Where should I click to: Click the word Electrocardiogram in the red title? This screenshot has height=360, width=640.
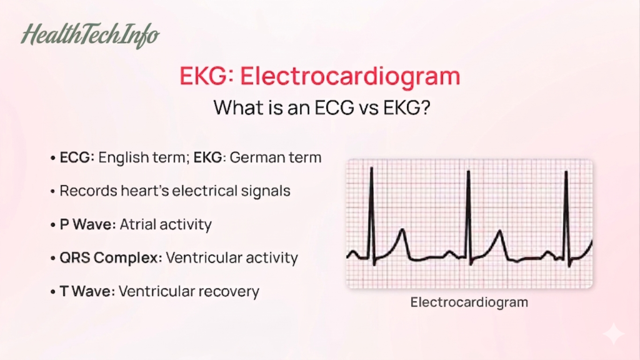(350, 76)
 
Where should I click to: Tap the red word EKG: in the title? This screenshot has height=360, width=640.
(206, 76)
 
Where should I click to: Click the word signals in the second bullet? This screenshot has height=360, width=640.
(266, 191)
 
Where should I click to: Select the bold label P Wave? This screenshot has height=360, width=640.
(87, 224)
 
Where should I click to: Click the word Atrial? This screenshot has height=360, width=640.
(139, 224)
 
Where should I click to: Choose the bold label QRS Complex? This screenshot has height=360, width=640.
(111, 257)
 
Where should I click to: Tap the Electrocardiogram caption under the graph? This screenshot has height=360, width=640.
(469, 302)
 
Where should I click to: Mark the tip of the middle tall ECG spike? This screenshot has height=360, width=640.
(469, 171)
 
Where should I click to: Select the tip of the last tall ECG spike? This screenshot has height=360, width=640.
(566, 172)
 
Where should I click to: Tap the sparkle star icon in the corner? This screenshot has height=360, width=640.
(613, 334)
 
